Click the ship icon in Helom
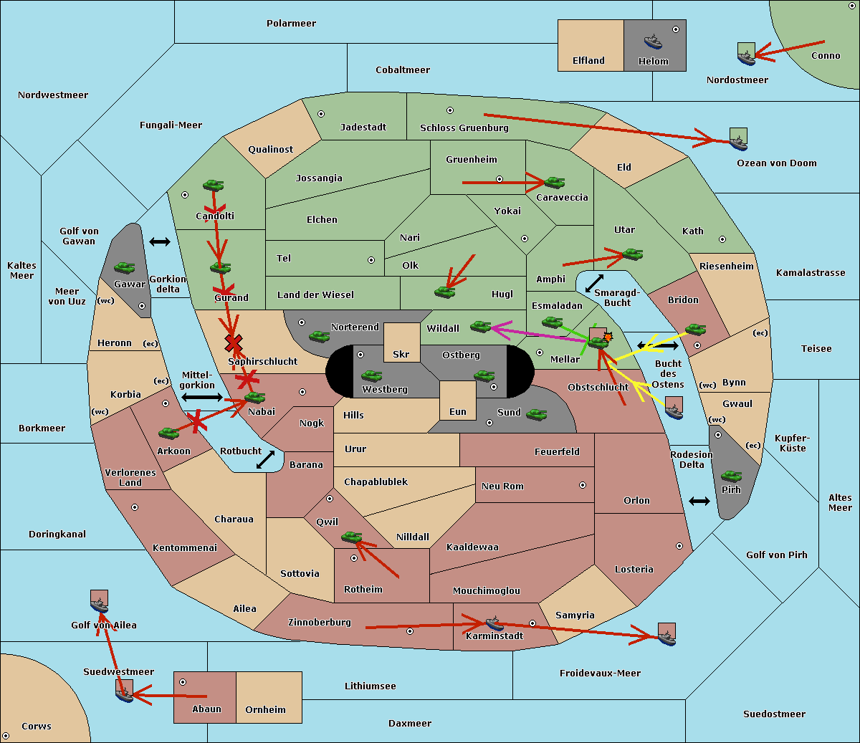(x=653, y=42)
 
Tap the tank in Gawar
(x=124, y=267)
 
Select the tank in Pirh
(x=731, y=476)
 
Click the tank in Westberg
(x=371, y=375)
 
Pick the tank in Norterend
(x=319, y=336)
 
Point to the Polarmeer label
(x=291, y=24)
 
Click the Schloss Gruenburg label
(x=464, y=128)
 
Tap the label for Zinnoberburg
(x=320, y=623)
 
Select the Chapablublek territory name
(x=376, y=481)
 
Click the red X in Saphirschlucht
(x=234, y=342)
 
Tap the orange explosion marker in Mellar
(x=608, y=337)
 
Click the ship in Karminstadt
(x=494, y=623)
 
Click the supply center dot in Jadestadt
(x=321, y=114)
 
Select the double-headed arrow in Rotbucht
(x=265, y=460)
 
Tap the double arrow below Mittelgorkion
(x=202, y=397)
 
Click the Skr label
(x=401, y=354)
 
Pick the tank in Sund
(x=536, y=415)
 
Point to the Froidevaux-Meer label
(x=600, y=673)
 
